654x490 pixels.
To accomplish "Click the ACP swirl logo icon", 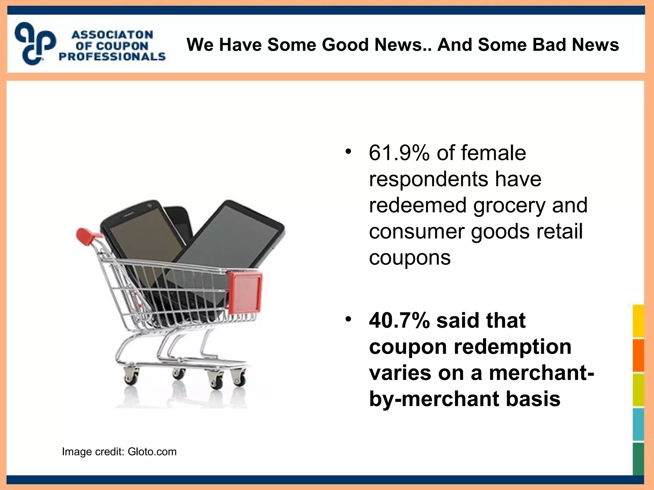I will (35, 43).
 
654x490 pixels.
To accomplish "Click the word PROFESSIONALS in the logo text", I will (112, 57).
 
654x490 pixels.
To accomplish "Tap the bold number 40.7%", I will (399, 321).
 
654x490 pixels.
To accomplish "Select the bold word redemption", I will (512, 347).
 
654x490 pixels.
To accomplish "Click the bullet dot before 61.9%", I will (348, 151).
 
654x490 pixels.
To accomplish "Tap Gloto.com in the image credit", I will (152, 452).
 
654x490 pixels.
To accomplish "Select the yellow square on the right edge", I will (638, 321).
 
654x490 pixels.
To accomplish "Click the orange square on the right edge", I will (638, 355).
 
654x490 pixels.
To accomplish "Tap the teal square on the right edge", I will (638, 424).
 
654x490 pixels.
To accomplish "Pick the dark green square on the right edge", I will (638, 458).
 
